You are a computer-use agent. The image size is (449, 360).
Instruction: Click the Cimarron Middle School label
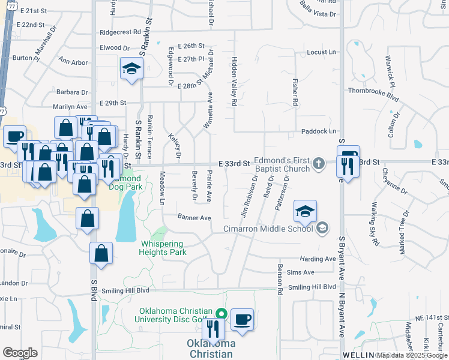(x=268, y=228)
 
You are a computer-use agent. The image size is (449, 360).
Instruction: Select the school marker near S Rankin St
(x=130, y=69)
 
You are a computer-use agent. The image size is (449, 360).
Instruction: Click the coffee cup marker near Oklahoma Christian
(x=242, y=319)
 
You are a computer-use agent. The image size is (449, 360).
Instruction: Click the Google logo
(x=20, y=353)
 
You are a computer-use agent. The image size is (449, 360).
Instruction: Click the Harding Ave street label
(x=318, y=259)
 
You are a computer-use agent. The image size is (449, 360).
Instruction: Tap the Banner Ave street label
(x=194, y=217)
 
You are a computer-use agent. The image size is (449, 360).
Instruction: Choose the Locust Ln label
(x=321, y=53)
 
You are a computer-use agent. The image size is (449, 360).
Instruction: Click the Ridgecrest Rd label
(x=121, y=32)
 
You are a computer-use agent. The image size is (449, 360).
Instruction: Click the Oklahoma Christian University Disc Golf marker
(x=221, y=314)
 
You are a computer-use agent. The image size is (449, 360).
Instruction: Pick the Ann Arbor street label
(x=73, y=62)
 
